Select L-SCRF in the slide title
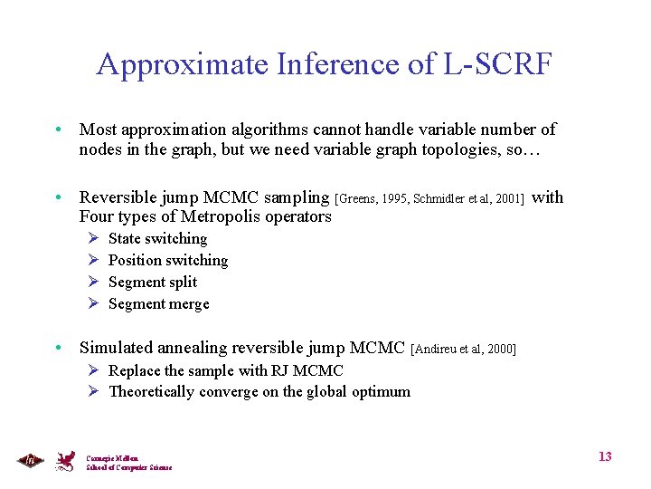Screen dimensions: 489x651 point(498,65)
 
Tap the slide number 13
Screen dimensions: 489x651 point(605,456)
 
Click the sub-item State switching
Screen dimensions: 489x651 point(157,239)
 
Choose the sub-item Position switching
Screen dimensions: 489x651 point(168,261)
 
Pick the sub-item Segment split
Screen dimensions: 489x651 point(153,283)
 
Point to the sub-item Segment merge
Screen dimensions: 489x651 point(158,304)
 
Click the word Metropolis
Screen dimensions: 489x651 point(223,216)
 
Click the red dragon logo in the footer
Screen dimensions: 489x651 point(65,461)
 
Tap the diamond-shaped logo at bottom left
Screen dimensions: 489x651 point(30,460)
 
